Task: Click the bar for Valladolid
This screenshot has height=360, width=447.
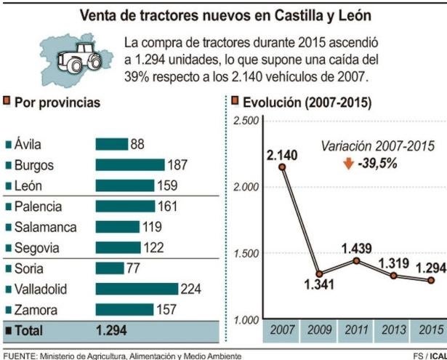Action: (x=137, y=289)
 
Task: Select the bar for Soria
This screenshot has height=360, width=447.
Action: (x=110, y=268)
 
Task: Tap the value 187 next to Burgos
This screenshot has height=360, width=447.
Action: (x=178, y=165)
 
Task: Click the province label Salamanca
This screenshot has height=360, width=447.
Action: (x=45, y=227)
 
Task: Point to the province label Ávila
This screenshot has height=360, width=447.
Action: (x=28, y=144)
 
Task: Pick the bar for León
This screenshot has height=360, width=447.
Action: (x=125, y=185)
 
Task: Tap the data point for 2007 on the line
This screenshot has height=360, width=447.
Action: (x=281, y=167)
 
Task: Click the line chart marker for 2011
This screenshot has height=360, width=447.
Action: (x=356, y=260)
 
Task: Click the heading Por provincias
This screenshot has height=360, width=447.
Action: (x=57, y=103)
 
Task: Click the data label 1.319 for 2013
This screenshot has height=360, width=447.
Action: (x=392, y=263)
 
